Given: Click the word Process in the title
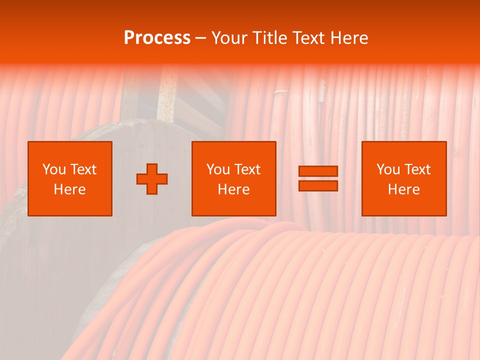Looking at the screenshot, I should click(x=157, y=38).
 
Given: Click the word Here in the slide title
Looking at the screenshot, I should click(x=352, y=38).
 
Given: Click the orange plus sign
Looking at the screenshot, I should click(x=152, y=179).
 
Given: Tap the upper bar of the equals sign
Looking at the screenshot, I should click(x=318, y=171).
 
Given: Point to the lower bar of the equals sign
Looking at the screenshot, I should click(x=318, y=186).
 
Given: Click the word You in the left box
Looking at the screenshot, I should click(x=54, y=169).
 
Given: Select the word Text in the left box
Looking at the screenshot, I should click(x=83, y=169).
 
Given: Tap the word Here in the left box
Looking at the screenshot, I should click(x=70, y=189).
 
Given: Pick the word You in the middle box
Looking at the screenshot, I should click(x=218, y=169).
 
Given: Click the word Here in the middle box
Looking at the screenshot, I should click(x=234, y=189).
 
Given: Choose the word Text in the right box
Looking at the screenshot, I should click(x=417, y=169).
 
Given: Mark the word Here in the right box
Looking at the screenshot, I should click(x=404, y=189).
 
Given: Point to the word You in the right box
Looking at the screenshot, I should click(x=388, y=169).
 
